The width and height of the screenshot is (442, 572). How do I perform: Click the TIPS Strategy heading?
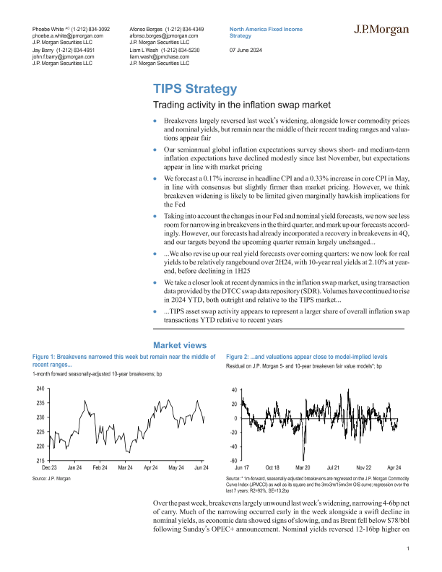coord(194,89)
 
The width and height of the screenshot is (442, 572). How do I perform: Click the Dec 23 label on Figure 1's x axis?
coord(50,468)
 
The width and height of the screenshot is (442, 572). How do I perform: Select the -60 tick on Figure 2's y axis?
coord(234,460)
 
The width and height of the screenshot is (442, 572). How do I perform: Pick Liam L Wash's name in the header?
coord(147,49)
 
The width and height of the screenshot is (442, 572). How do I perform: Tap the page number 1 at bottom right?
coord(408,550)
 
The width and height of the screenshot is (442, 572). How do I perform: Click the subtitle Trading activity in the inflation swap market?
coord(223,106)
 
